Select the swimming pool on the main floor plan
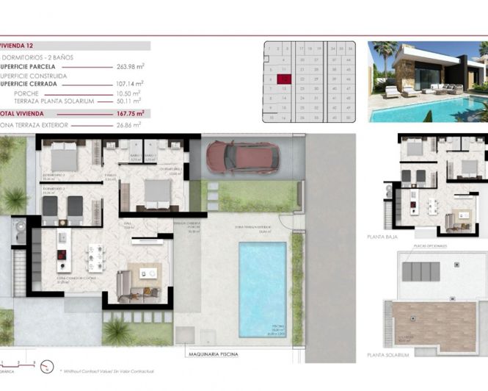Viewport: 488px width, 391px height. pos(262,289)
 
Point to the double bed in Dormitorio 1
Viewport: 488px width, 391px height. pos(156,193)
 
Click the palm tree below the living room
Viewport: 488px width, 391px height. pos(117,331)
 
